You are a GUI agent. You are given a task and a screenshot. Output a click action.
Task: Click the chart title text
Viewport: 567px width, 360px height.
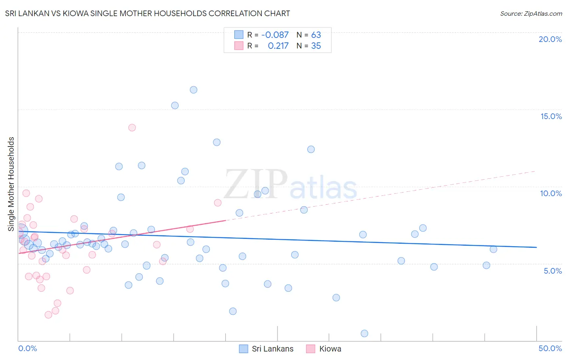click(x=147, y=13)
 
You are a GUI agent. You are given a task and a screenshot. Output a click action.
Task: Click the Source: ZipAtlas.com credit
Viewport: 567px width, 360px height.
click(x=531, y=13)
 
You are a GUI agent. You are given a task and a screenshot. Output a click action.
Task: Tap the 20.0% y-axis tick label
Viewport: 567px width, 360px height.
click(x=550, y=39)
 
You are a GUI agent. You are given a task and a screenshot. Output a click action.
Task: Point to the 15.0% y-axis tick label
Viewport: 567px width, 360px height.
click(x=551, y=116)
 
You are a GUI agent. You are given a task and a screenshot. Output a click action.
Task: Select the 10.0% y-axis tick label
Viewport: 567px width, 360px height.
click(x=551, y=193)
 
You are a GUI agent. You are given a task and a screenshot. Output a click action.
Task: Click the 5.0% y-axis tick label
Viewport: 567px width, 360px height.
click(x=552, y=270)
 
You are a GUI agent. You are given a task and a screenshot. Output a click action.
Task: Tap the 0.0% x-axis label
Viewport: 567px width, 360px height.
click(x=27, y=348)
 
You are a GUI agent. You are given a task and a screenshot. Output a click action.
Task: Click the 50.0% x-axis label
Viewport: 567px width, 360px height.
click(x=550, y=348)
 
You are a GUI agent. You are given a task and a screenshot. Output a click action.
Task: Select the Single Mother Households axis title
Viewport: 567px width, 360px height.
click(x=11, y=184)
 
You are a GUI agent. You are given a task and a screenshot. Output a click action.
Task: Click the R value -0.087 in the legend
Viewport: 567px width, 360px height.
click(x=275, y=35)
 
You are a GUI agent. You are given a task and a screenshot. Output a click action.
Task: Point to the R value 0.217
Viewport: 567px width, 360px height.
click(x=278, y=46)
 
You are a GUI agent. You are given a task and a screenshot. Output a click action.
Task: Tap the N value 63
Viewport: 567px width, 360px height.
click(x=316, y=35)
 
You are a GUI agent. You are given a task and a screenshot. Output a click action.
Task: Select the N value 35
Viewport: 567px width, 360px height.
click(x=316, y=46)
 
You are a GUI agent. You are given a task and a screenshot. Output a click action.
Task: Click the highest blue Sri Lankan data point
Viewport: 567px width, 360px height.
click(x=194, y=90)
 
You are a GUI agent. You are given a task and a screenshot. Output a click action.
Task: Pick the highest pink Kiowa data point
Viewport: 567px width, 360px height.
click(x=132, y=128)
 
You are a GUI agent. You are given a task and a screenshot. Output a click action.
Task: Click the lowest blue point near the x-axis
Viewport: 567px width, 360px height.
click(x=365, y=333)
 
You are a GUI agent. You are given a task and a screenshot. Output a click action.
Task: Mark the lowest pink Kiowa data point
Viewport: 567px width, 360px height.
click(x=48, y=315)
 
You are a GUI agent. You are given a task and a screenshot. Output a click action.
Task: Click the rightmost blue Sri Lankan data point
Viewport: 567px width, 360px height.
click(x=494, y=249)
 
